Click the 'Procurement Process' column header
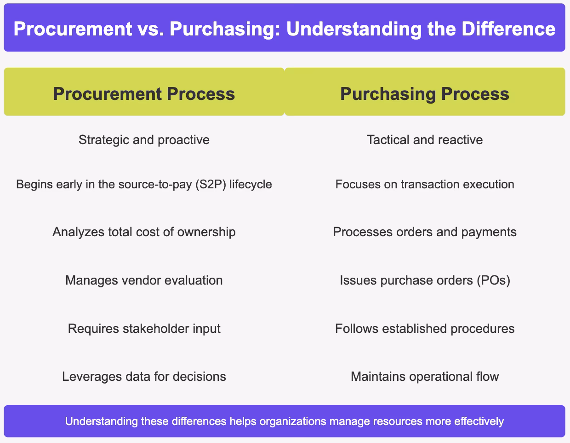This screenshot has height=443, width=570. point(144,94)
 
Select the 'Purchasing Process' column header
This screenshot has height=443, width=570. point(425,94)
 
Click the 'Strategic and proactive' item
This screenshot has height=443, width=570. point(144,140)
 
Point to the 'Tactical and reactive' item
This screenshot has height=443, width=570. point(425,140)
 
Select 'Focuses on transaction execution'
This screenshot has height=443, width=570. point(425,184)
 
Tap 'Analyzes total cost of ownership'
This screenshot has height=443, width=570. point(144,232)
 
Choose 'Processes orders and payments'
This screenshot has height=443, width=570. point(425,232)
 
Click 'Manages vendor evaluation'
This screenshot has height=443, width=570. point(144,280)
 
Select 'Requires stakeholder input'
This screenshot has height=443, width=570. point(144,328)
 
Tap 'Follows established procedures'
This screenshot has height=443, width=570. point(425,328)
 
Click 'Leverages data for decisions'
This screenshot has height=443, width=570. point(144,376)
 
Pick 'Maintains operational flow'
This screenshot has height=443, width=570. point(425,376)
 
